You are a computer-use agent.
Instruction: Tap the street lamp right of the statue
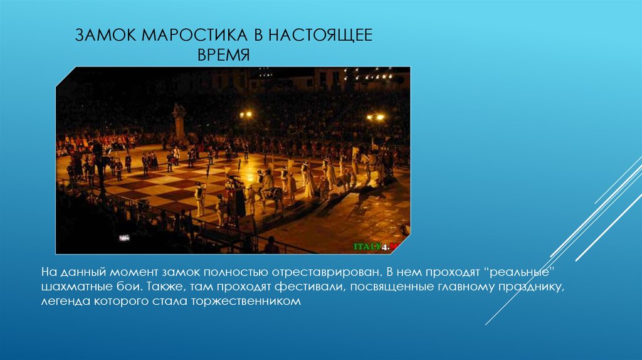pos(246,115)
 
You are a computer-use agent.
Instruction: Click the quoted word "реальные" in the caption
pos(521,273)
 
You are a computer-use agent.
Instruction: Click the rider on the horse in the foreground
pos(268,183)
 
